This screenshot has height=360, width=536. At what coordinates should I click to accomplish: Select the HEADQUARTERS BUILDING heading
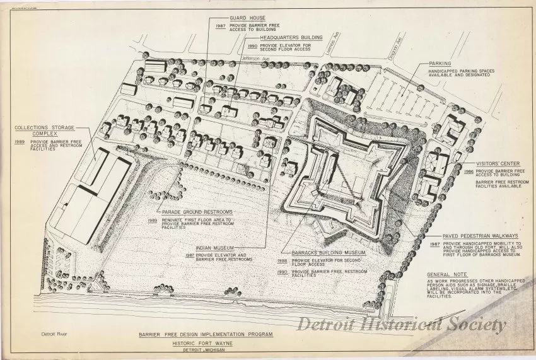[274, 38]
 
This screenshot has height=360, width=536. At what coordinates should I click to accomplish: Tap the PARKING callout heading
[440, 64]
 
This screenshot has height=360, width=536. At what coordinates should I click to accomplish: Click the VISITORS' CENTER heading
[498, 163]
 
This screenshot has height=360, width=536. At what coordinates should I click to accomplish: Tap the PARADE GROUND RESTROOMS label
[197, 211]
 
